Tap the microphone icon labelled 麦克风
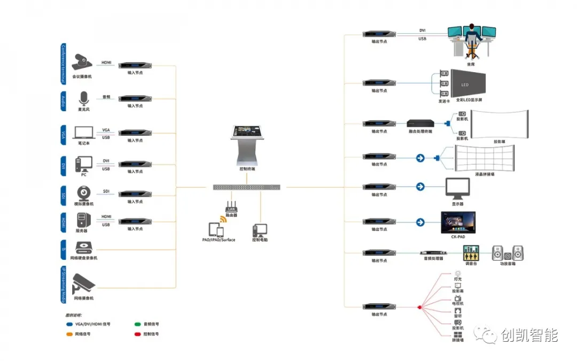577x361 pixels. point(82,98)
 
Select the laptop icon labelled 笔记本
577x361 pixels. point(83,132)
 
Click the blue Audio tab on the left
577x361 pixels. point(63,101)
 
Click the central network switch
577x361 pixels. point(246,187)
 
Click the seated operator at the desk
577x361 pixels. point(471,37)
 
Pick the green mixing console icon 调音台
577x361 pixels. point(470,253)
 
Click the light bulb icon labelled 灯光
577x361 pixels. point(457,273)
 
